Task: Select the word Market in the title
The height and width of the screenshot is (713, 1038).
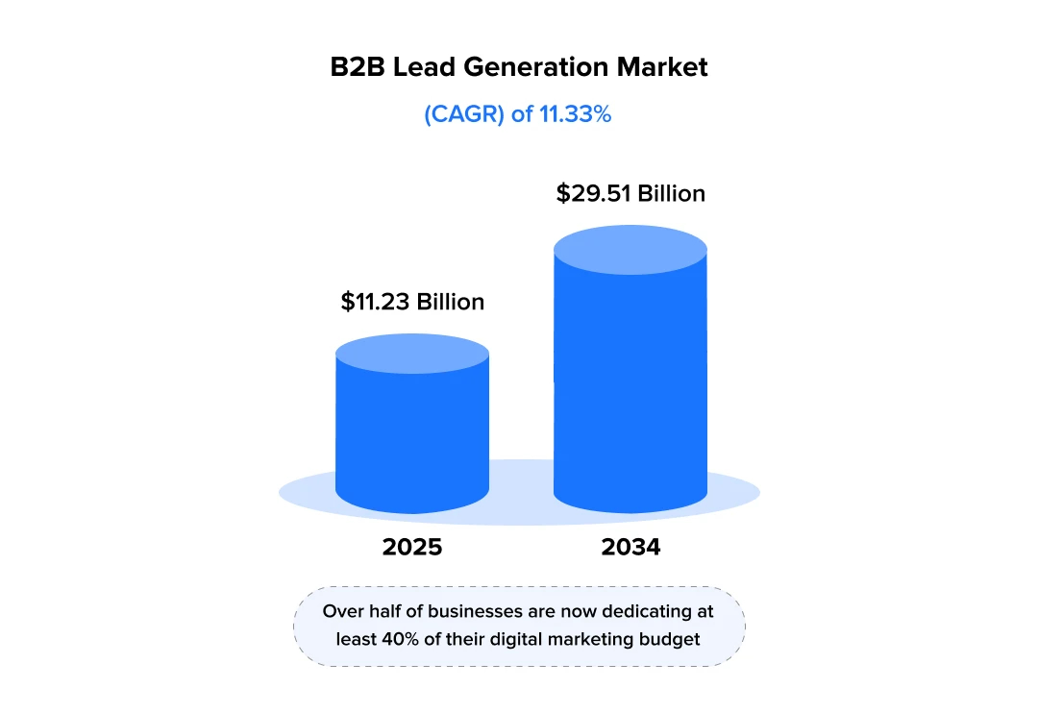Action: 662,67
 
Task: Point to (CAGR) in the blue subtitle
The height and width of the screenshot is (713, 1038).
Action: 464,114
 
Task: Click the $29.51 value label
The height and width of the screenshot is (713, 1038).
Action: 593,193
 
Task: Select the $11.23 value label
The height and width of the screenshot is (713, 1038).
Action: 376,302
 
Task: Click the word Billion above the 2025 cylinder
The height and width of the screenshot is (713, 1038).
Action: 450,302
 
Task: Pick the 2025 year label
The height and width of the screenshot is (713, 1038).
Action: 412,548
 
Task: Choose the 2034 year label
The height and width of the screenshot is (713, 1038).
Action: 630,548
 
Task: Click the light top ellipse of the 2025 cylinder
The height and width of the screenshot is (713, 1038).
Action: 412,354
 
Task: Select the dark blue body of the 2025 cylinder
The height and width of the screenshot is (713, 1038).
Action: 412,432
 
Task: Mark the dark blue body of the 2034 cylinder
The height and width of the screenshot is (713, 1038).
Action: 630,384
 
